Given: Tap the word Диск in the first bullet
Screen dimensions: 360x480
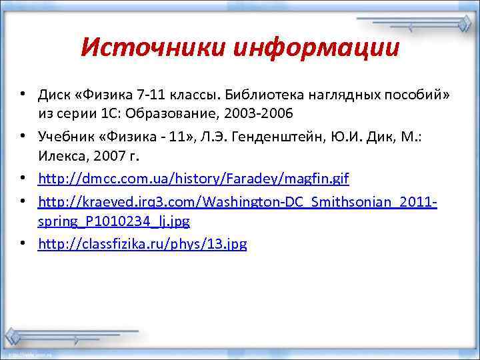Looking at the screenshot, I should click(54, 95).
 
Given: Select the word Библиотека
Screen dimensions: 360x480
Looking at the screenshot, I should click(252, 95).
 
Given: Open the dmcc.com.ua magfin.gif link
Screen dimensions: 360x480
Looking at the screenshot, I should click(193, 179).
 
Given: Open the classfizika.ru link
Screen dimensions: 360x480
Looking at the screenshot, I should click(143, 243).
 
